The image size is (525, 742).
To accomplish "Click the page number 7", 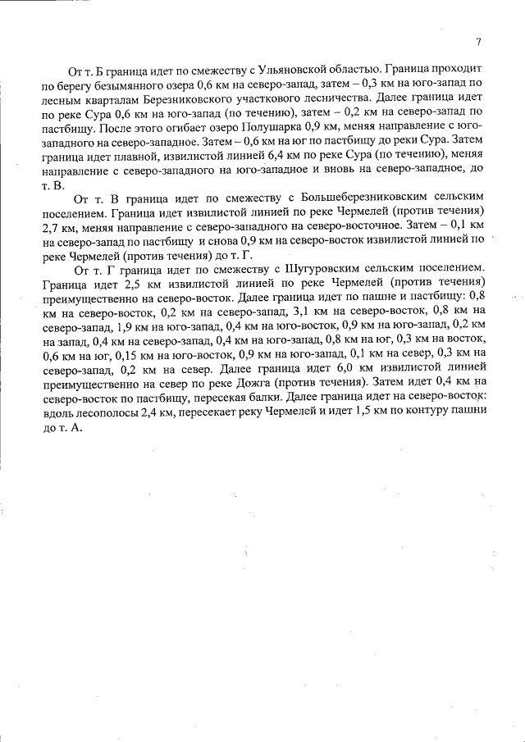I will coord(478,43).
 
